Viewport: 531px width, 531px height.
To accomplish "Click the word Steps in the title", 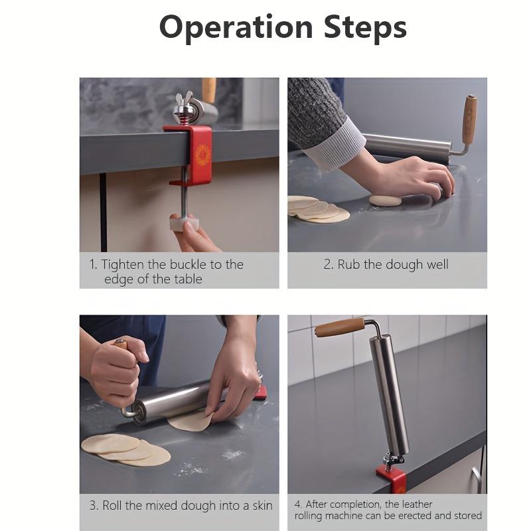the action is [365, 27].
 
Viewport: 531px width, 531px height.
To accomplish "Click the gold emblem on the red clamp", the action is [203, 154].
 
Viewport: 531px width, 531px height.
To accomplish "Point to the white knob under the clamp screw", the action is [184, 223].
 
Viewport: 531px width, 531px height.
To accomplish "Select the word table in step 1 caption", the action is [188, 279].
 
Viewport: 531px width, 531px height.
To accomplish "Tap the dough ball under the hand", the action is [386, 200].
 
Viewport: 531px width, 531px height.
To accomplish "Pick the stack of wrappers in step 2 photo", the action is [319, 209].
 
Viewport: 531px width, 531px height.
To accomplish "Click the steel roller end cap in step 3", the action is [139, 411].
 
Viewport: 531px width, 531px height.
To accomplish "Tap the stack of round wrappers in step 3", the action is [126, 450].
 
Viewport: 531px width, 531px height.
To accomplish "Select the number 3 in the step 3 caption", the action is [93, 506].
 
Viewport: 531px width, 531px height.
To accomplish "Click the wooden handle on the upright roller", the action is [340, 327].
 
